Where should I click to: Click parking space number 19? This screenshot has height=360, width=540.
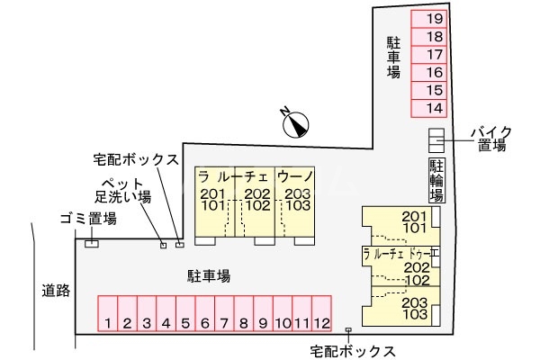pos(434,18)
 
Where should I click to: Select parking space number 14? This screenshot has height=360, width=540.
pos(434,108)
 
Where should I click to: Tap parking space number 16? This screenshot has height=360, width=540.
pos(434,72)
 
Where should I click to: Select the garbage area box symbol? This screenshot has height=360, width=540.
pos(91,243)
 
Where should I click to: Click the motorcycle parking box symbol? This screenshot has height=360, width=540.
pos(436,140)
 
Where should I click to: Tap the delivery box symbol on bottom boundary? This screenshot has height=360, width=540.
pos(348,331)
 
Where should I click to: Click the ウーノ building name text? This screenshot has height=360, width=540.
pos(294,175)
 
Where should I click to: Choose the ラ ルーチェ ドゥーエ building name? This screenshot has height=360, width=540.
pos(400,253)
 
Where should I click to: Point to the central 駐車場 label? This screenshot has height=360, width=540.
pos(209,276)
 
